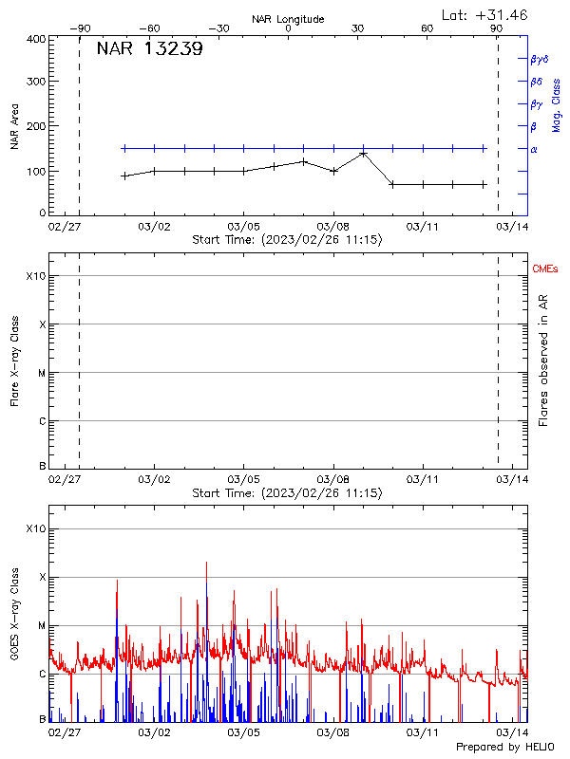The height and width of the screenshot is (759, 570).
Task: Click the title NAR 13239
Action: click(149, 50)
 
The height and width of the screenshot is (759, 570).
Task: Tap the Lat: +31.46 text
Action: click(485, 14)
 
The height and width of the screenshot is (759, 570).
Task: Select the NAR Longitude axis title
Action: click(288, 19)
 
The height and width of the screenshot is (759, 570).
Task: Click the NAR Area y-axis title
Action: click(15, 126)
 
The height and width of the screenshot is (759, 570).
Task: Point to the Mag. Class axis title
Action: click(557, 105)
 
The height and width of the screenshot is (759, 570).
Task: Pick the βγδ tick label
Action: click(540, 59)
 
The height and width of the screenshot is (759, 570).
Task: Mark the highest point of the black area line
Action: click(363, 153)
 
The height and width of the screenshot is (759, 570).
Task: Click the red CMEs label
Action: click(546, 270)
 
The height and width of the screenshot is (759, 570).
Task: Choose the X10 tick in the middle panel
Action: click(35, 276)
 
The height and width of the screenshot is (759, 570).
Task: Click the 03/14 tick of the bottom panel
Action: click(512, 732)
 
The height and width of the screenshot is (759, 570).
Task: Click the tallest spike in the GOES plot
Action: click(206, 563)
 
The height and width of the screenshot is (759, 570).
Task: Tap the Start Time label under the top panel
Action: click(287, 241)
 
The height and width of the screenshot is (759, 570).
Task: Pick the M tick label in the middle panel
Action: click(41, 373)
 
